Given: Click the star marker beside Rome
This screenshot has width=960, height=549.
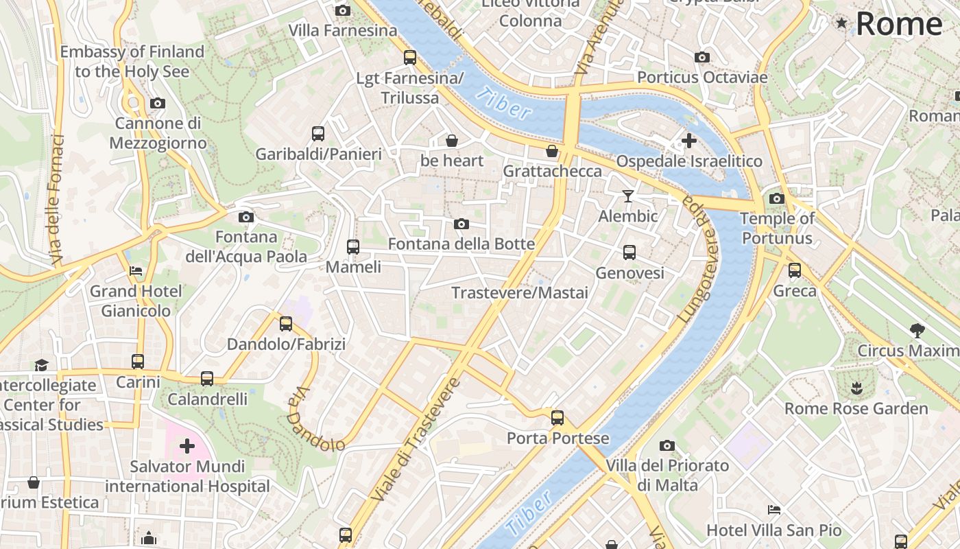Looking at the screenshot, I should [841, 23].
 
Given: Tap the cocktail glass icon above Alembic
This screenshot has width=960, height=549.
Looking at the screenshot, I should [627, 196].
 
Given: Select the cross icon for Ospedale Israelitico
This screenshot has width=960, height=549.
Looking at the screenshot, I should [688, 141].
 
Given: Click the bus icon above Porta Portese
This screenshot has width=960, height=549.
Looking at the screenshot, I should [557, 417].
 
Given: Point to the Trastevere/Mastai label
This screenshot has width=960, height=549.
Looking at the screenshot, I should [520, 293].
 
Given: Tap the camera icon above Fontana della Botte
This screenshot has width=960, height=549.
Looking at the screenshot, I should [461, 224].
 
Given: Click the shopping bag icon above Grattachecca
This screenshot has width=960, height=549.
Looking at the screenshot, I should [552, 150].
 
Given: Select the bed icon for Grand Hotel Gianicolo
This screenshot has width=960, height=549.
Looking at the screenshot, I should [136, 270].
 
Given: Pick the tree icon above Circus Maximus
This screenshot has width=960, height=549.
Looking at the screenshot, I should [917, 330].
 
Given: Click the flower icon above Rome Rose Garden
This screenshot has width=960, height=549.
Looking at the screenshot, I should [856, 388].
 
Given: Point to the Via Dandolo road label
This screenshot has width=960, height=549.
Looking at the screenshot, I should [315, 420].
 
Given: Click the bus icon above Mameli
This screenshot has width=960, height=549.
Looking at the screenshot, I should [353, 246].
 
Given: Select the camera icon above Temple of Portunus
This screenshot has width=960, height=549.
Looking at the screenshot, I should [776, 199].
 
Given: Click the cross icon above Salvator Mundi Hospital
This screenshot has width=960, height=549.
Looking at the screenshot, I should [187, 447].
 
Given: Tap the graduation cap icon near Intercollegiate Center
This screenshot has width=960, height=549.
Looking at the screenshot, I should [42, 364].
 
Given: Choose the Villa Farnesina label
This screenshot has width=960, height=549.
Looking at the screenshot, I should [343, 31].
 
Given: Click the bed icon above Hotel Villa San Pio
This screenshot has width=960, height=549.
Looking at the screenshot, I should [773, 510].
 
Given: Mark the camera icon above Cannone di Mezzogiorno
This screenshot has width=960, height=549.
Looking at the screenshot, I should [158, 104].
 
